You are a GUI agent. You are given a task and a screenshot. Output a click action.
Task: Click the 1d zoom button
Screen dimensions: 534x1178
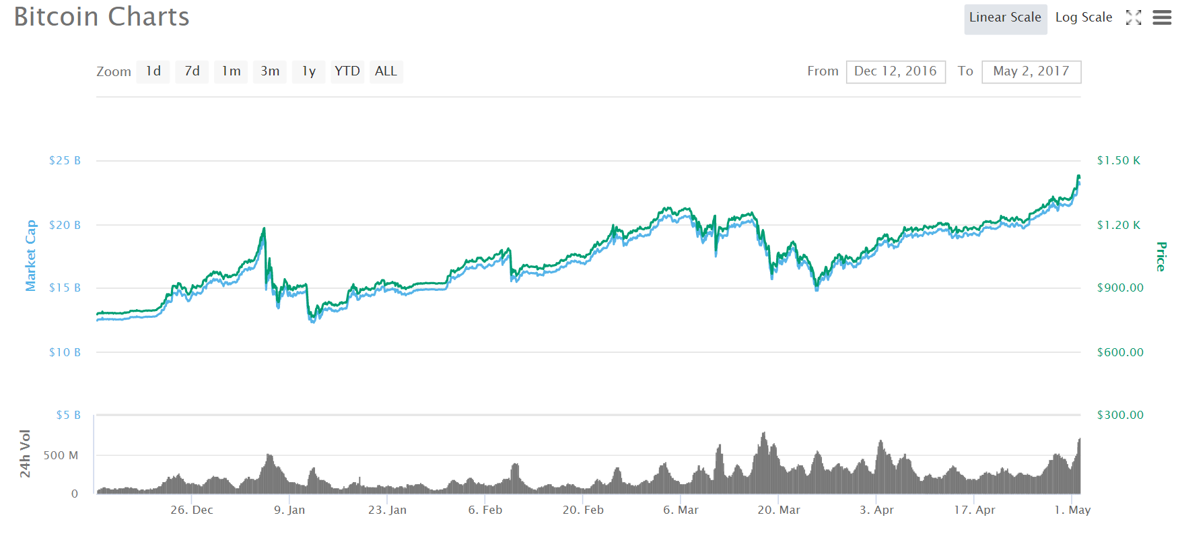click(153, 71)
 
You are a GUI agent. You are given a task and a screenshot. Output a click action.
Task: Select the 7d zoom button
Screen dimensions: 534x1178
click(192, 71)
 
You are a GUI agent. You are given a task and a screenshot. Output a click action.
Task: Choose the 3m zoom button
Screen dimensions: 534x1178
click(270, 71)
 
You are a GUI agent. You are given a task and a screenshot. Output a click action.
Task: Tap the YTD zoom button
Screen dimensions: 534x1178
click(347, 71)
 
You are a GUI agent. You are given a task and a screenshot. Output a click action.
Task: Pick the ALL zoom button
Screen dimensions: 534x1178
click(386, 71)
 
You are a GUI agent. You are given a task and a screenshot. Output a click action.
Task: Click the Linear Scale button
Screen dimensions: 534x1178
click(1005, 18)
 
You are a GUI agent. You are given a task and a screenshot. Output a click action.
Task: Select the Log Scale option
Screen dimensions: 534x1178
click(1083, 18)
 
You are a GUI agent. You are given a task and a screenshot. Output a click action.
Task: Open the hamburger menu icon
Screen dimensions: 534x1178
click(1162, 18)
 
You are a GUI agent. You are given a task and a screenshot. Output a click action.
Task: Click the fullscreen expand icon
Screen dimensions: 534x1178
click(1134, 18)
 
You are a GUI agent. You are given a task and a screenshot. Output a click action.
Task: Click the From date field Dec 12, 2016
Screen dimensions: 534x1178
click(895, 71)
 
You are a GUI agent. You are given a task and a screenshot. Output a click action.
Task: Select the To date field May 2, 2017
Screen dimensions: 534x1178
click(1031, 71)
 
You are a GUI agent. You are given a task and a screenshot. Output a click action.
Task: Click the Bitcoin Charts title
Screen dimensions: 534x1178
click(102, 17)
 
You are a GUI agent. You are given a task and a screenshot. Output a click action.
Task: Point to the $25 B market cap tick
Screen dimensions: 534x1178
click(65, 161)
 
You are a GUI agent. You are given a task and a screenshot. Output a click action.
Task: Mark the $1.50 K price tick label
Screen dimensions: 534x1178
click(1118, 161)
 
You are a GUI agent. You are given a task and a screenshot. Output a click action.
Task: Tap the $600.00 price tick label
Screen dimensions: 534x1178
click(1120, 352)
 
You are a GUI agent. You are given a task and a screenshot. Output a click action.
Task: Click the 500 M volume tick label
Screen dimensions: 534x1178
click(61, 455)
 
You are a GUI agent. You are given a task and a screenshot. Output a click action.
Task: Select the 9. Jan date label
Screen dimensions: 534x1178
click(289, 510)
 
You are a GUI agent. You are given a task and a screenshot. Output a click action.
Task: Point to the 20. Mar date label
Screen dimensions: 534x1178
click(779, 510)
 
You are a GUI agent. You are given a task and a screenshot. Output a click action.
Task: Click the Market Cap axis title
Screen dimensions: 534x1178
click(30, 255)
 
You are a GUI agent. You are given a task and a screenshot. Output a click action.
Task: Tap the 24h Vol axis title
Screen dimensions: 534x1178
click(26, 454)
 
